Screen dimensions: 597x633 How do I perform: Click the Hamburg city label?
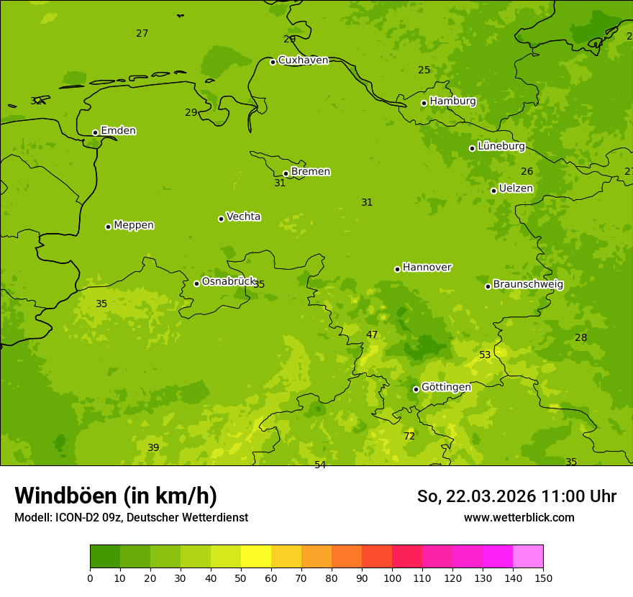point(452,101)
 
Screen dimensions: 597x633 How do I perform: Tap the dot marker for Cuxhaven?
point(273,62)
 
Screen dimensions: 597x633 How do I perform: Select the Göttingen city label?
point(446,387)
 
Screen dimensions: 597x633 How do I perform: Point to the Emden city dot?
point(95,132)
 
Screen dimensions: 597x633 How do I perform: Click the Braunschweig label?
point(528,284)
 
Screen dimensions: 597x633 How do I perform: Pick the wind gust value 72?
point(409,436)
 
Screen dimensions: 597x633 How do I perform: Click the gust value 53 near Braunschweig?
point(485,355)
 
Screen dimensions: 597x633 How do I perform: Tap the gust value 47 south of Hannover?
point(372,334)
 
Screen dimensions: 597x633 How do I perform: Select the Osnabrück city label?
point(229,281)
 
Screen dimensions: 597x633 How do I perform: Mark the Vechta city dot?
point(221,219)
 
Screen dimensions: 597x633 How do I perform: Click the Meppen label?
point(134,225)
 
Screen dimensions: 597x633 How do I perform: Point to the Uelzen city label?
point(516,188)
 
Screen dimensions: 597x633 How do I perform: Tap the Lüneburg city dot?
point(472,148)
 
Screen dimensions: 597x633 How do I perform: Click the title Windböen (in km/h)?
point(116,496)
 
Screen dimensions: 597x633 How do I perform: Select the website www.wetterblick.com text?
point(519,517)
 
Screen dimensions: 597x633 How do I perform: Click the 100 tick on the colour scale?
point(392,578)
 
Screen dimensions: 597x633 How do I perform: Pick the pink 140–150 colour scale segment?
point(528,556)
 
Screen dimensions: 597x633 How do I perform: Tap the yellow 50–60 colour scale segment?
point(256,556)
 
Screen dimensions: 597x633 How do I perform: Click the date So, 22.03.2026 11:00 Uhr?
point(516,496)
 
